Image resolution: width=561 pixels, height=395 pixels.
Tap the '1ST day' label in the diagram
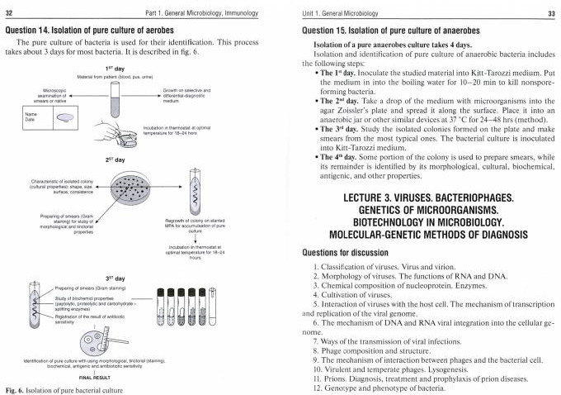[x=115, y=68]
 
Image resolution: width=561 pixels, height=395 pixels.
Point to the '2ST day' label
[x=115, y=159]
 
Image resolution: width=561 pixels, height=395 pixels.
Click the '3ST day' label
[x=115, y=278]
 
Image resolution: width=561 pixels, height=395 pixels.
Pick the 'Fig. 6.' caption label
[x=16, y=389]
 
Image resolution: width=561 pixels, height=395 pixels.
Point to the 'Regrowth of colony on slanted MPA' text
[x=189, y=226]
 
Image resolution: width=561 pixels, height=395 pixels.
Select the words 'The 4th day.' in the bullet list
[x=343, y=156]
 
